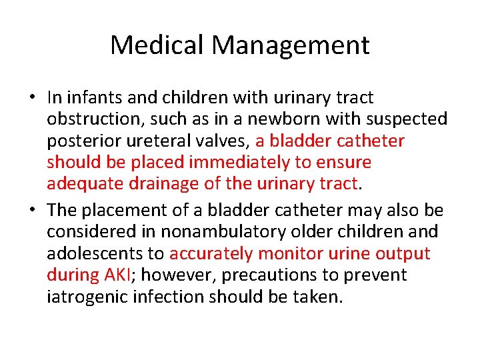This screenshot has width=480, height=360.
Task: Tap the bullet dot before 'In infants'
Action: point(33,98)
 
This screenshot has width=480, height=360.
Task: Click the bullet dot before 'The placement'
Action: point(33,210)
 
